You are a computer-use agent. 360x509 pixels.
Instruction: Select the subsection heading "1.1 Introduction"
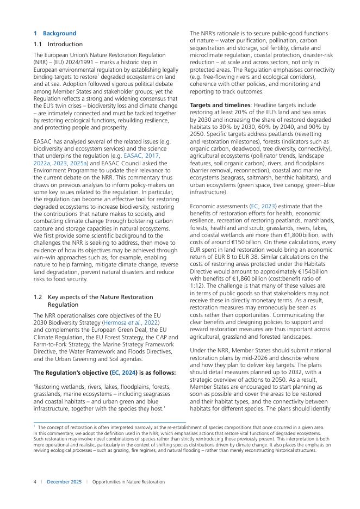pyautogui.click(x=58, y=44)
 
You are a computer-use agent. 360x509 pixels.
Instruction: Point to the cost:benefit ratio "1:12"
pyautogui.click(x=197, y=284)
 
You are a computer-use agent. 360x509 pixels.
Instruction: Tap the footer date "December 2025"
pyautogui.click(x=64, y=482)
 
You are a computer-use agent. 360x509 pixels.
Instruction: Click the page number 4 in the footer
pyautogui.click(x=35, y=482)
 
